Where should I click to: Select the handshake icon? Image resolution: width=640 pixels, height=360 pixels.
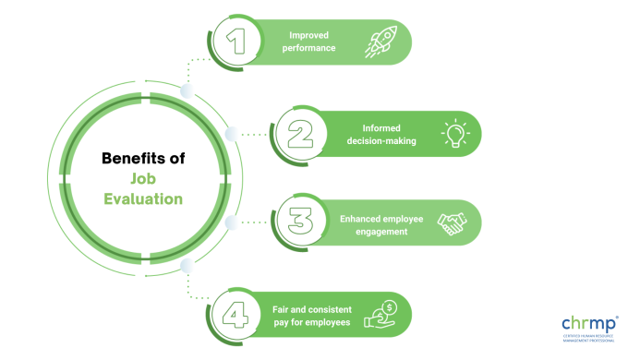click(x=453, y=222)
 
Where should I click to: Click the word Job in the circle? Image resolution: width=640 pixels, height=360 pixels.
click(x=141, y=178)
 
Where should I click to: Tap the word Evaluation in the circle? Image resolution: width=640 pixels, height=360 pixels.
click(x=142, y=198)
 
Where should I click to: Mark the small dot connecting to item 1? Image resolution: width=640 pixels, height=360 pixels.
click(x=187, y=90)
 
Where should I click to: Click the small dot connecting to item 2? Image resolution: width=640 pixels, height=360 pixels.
click(x=231, y=134)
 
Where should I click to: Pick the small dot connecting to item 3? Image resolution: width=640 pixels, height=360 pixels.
click(x=231, y=222)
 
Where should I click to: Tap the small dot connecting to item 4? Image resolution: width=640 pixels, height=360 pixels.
click(x=187, y=266)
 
